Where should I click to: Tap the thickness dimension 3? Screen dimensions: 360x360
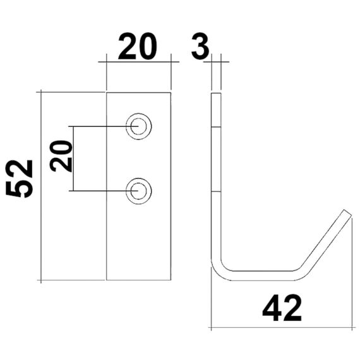pos(200,47)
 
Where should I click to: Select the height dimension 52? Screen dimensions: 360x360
pos(20,179)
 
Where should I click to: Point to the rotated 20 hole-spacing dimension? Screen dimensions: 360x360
pos(61,156)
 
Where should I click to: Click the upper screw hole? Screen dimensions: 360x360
pos(138,126)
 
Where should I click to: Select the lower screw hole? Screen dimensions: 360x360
pos(138,191)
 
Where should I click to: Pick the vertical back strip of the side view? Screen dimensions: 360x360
pos(216,177)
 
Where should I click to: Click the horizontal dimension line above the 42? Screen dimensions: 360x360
pos(282,328)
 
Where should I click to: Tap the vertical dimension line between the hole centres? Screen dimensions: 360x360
pos(75,159)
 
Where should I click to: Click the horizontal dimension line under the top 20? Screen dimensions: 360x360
pos(139,62)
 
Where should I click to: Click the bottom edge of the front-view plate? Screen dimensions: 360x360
pos(138,280)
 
